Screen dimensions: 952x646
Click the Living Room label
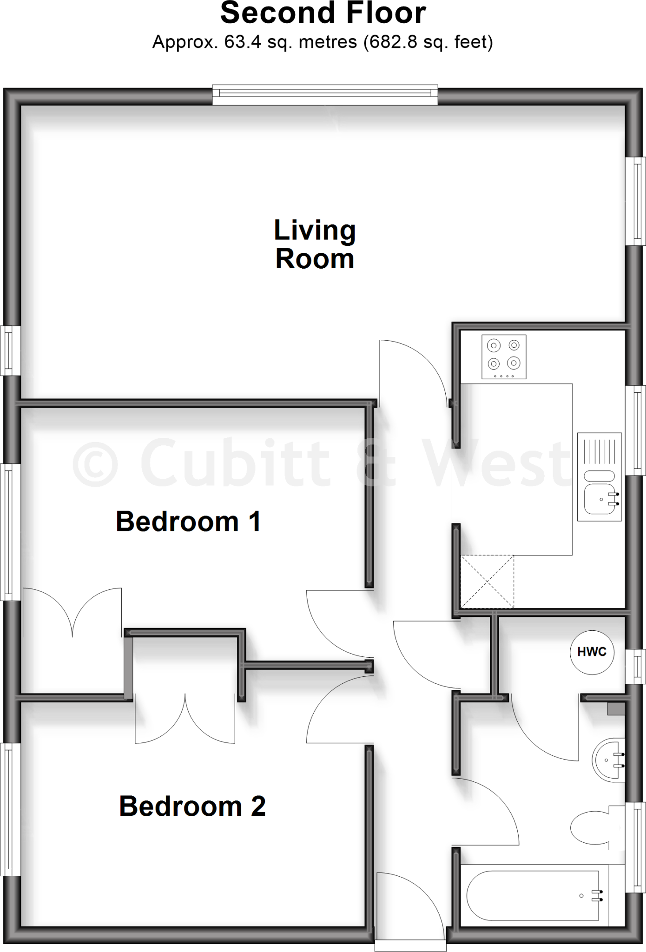(x=315, y=245)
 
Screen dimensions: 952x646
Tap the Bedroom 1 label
(x=188, y=522)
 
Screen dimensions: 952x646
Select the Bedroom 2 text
(x=192, y=806)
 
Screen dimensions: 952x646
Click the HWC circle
(x=592, y=652)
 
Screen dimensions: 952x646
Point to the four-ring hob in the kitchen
(x=504, y=357)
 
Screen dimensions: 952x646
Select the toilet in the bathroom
(x=595, y=827)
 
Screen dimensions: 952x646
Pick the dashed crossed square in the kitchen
(x=487, y=582)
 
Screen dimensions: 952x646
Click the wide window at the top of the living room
(x=325, y=94)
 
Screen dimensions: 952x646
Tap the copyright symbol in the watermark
(x=95, y=463)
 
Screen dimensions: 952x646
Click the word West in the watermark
(x=497, y=463)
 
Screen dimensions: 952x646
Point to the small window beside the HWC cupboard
(x=635, y=667)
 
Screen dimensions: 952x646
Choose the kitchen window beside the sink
(x=635, y=430)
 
